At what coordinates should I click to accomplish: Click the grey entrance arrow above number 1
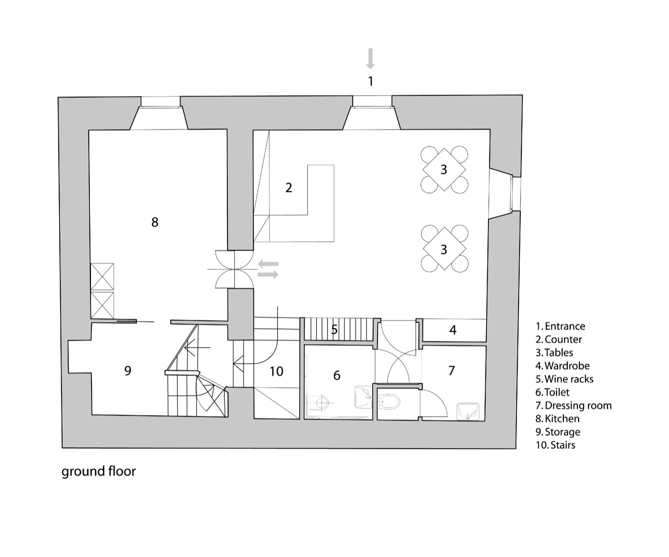tap(370, 59)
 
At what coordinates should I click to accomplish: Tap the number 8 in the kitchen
tap(155, 222)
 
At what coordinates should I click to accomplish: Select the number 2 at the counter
tap(289, 188)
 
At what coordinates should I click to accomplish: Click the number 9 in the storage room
tap(128, 371)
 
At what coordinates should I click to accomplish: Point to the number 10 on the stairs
tap(276, 371)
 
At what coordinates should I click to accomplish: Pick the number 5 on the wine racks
tap(334, 330)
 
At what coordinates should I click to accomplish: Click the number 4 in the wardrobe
tap(453, 330)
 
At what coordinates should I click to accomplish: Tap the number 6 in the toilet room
tap(336, 375)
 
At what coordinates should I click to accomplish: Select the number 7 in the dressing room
tap(451, 371)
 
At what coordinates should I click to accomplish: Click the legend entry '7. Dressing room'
tap(574, 405)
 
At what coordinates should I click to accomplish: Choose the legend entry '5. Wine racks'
tap(564, 379)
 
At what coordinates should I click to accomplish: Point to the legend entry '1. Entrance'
tap(560, 326)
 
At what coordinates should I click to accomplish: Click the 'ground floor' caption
tap(99, 471)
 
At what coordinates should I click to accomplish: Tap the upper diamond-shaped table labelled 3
tap(444, 169)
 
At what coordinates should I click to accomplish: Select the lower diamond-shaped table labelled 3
tap(444, 249)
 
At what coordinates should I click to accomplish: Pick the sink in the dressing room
tap(468, 411)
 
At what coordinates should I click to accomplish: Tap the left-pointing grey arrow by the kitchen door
tap(268, 264)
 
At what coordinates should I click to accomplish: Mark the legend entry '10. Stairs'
tap(555, 445)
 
